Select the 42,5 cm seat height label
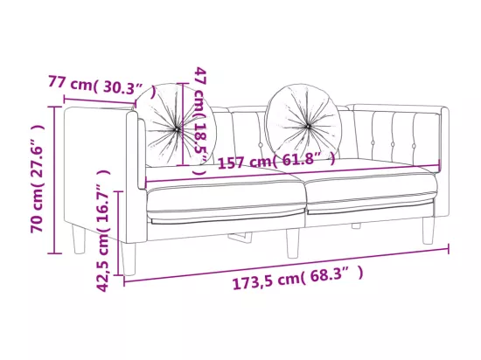coord(103,231)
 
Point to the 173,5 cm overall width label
coord(297,278)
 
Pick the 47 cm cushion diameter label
coord(200,121)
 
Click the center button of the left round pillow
coord(177,129)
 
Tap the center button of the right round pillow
coord(308,126)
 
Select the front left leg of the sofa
coord(129,260)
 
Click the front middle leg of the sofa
coord(293,244)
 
